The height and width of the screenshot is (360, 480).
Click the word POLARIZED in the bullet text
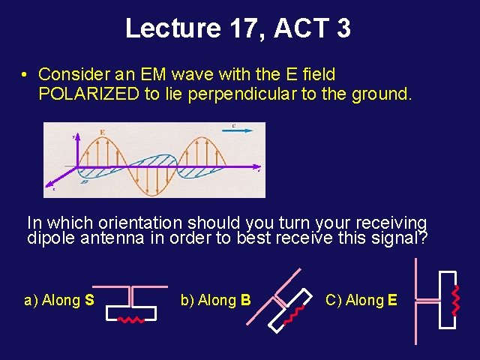89,94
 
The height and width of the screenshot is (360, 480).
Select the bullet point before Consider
25,76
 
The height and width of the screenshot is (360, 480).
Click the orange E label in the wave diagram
102,132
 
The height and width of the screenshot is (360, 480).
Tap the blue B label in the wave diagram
85,181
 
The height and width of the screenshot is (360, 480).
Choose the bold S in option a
89,301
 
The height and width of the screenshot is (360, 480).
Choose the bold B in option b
245,301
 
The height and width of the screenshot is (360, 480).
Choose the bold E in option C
392,301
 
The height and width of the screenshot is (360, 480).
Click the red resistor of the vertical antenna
453,299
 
